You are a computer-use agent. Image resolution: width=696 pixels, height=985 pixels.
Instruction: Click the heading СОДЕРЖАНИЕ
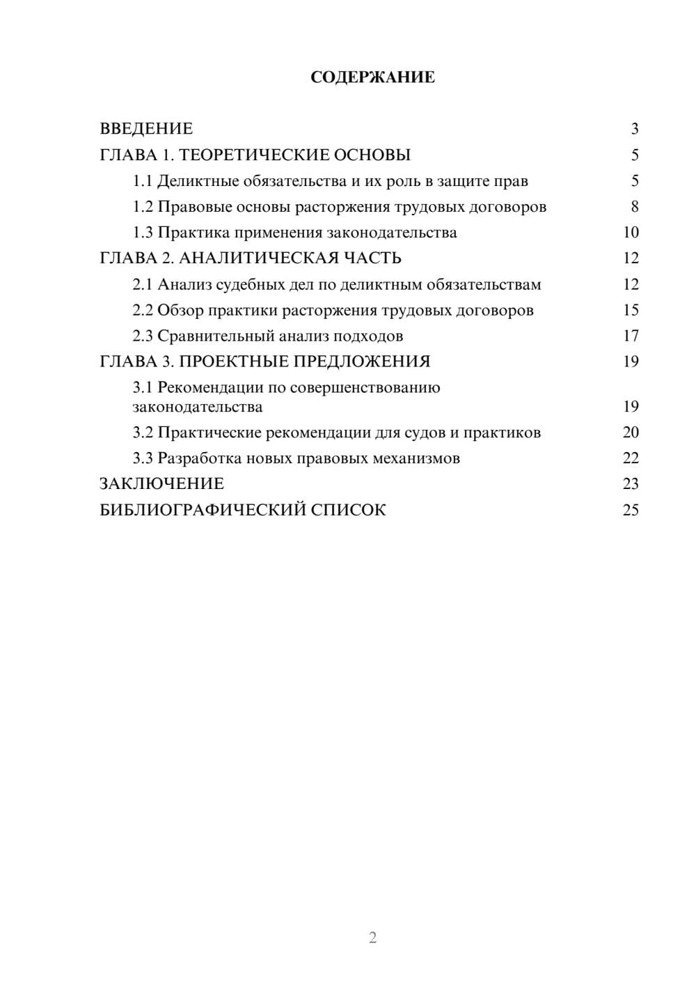point(372,77)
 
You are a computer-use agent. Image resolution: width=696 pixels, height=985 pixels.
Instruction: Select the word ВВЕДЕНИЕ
point(146,129)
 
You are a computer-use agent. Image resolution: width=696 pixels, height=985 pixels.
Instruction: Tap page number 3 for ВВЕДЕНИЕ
point(635,129)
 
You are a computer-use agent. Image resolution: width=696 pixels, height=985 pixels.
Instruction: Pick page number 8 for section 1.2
point(635,207)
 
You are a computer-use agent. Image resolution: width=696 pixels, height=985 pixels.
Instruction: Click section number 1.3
point(143,233)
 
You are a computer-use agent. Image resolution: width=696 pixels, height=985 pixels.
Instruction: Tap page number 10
point(631,233)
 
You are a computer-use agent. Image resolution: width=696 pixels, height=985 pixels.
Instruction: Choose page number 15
point(631,310)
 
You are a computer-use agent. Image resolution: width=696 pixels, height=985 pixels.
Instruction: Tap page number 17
point(631,336)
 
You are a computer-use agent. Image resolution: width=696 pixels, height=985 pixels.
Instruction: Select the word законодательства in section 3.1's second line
point(198,407)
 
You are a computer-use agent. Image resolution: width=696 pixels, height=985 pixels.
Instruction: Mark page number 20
point(631,433)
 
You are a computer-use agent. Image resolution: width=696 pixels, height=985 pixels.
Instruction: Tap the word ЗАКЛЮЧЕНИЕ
point(161,484)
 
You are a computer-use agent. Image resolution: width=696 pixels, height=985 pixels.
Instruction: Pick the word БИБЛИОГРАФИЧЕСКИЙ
point(203,510)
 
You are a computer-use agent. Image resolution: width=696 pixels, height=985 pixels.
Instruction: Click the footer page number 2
point(372,938)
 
